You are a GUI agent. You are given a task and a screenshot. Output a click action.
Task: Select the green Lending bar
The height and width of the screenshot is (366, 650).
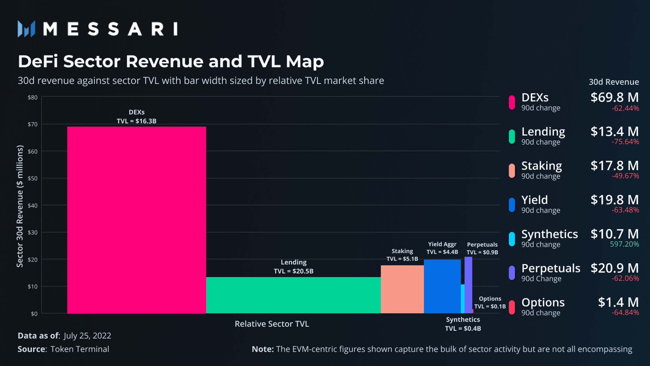click(293, 295)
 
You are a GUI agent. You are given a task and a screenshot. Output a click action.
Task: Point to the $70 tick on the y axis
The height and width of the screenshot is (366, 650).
click(32, 124)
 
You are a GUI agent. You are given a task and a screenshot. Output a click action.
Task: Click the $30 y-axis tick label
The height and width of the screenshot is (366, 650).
click(32, 232)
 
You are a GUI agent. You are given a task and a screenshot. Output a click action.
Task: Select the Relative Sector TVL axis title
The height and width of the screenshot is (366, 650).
click(272, 324)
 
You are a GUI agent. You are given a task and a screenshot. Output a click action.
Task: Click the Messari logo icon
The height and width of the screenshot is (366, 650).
click(26, 29)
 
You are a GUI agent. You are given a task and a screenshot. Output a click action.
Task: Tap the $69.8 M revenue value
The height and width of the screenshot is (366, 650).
click(614, 97)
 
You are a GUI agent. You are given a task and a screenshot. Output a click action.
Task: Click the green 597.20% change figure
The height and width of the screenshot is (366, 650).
click(624, 244)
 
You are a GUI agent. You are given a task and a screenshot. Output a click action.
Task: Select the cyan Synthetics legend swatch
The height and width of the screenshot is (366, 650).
click(512, 239)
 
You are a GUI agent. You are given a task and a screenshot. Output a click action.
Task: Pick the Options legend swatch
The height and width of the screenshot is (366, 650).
click(512, 307)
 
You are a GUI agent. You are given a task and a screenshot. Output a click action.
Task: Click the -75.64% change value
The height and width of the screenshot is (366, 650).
click(625, 142)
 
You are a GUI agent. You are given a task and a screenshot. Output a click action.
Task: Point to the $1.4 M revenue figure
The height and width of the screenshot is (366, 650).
click(618, 303)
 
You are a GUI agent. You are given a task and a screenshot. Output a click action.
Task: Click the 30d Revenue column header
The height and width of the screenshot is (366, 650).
click(614, 82)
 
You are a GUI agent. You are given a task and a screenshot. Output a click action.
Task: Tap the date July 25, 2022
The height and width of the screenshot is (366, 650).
click(87, 336)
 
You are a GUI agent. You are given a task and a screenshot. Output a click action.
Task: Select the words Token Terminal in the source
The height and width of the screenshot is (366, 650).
click(80, 349)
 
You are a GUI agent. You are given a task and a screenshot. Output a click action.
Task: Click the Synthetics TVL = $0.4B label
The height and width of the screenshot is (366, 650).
click(463, 324)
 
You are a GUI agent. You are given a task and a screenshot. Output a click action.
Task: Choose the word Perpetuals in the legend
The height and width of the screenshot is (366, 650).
click(550, 268)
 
